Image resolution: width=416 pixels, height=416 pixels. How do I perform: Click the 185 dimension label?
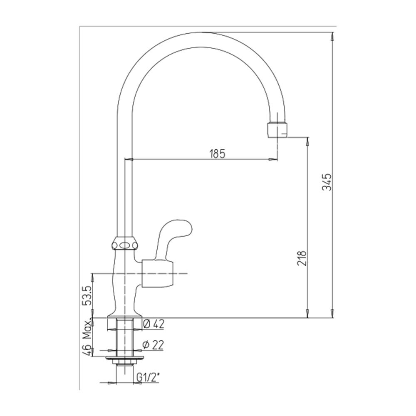click(217, 154)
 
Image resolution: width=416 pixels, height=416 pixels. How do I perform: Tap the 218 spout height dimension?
click(302, 258)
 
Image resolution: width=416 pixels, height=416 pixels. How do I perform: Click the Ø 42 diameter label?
click(154, 324)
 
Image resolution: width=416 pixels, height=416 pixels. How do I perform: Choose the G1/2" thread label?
click(148, 377)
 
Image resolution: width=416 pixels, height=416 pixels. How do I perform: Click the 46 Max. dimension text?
click(87, 337)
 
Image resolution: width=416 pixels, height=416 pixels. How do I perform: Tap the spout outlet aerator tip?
click(277, 130)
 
